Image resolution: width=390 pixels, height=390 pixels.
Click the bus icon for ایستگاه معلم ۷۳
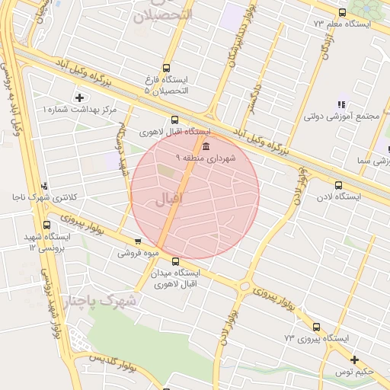(x=342, y=12)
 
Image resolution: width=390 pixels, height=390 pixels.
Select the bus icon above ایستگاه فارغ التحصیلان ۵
(x=167, y=68)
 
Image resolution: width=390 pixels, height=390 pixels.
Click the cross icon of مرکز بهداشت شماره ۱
(x=79, y=97)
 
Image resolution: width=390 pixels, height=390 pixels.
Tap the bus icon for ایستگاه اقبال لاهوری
(x=175, y=120)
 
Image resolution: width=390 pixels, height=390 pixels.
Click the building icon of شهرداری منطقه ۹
(x=208, y=145)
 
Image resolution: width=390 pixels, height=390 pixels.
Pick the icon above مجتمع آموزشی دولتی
(x=340, y=104)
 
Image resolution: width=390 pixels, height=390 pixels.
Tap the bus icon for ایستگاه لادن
(x=338, y=184)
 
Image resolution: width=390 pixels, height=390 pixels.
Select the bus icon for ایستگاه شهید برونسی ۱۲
(x=47, y=225)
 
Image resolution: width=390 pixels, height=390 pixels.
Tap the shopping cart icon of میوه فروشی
(x=137, y=241)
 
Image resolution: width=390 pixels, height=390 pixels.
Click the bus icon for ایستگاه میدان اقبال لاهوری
(x=176, y=261)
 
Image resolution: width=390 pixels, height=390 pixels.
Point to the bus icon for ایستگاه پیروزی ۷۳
(x=316, y=327)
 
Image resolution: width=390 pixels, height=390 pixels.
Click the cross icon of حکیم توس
(x=354, y=360)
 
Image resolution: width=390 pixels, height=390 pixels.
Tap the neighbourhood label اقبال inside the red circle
(x=169, y=201)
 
